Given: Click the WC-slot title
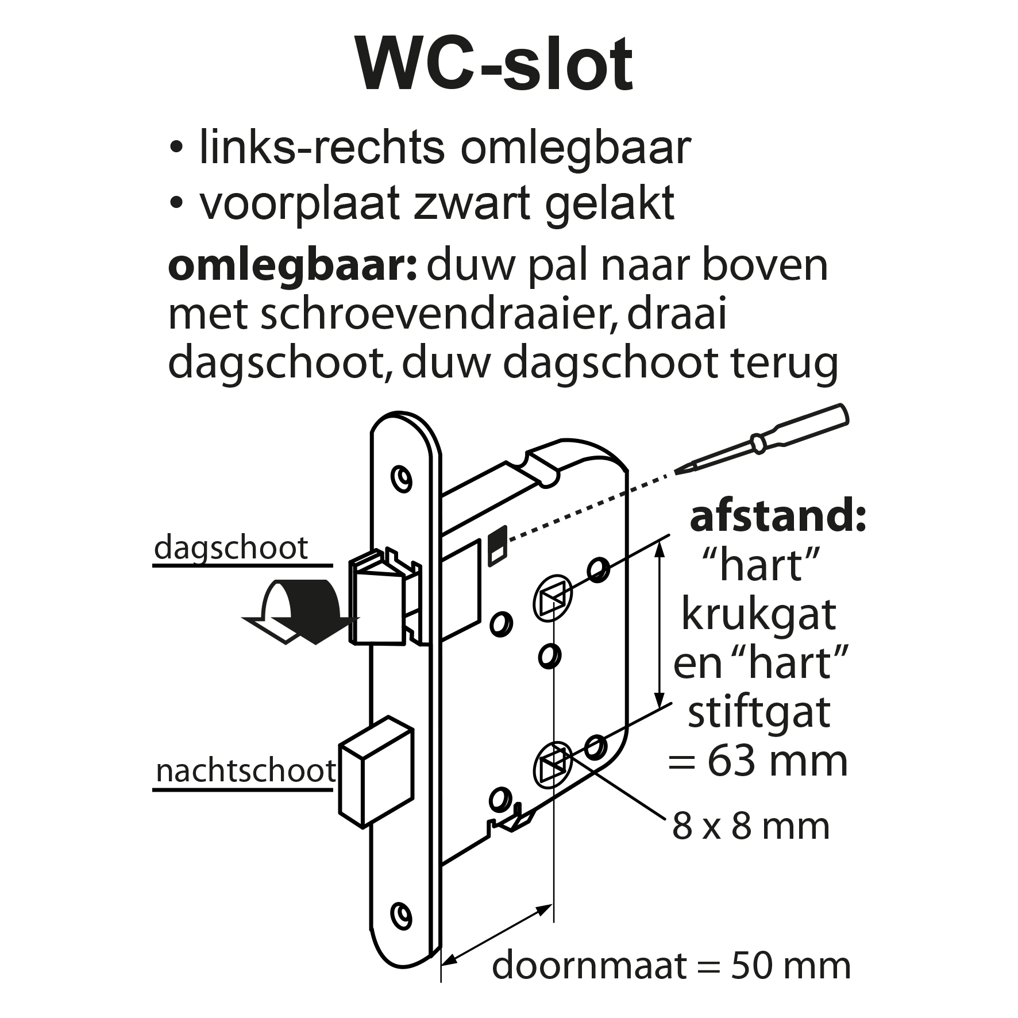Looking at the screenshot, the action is [495, 64].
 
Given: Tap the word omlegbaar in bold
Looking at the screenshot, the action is [292, 268].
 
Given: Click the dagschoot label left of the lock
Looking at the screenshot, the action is [231, 548].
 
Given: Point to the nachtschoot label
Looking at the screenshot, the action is [246, 771].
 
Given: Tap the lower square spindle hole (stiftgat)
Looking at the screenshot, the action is [552, 765].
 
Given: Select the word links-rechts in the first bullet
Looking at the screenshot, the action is [322, 149].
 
